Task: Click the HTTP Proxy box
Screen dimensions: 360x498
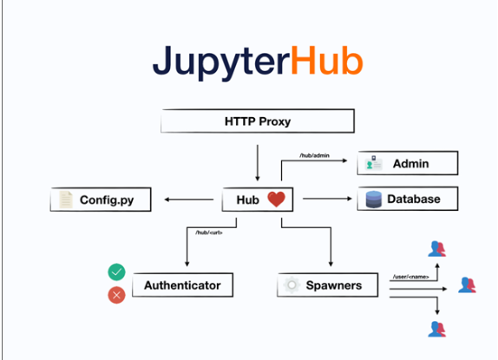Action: tap(258, 120)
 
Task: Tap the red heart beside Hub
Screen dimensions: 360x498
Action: tap(276, 200)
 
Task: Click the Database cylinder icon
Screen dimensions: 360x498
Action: tap(372, 200)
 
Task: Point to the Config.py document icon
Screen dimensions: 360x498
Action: tap(65, 200)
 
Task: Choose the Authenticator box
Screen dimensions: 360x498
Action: tap(182, 285)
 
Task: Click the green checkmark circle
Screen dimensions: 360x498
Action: tap(116, 272)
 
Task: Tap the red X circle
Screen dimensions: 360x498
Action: tap(116, 295)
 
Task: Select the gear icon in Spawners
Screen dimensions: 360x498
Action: tap(292, 285)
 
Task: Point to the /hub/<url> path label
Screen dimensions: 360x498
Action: tap(209, 232)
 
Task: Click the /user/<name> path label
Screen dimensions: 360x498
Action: tap(411, 276)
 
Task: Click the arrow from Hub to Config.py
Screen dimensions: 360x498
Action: tap(187, 200)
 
